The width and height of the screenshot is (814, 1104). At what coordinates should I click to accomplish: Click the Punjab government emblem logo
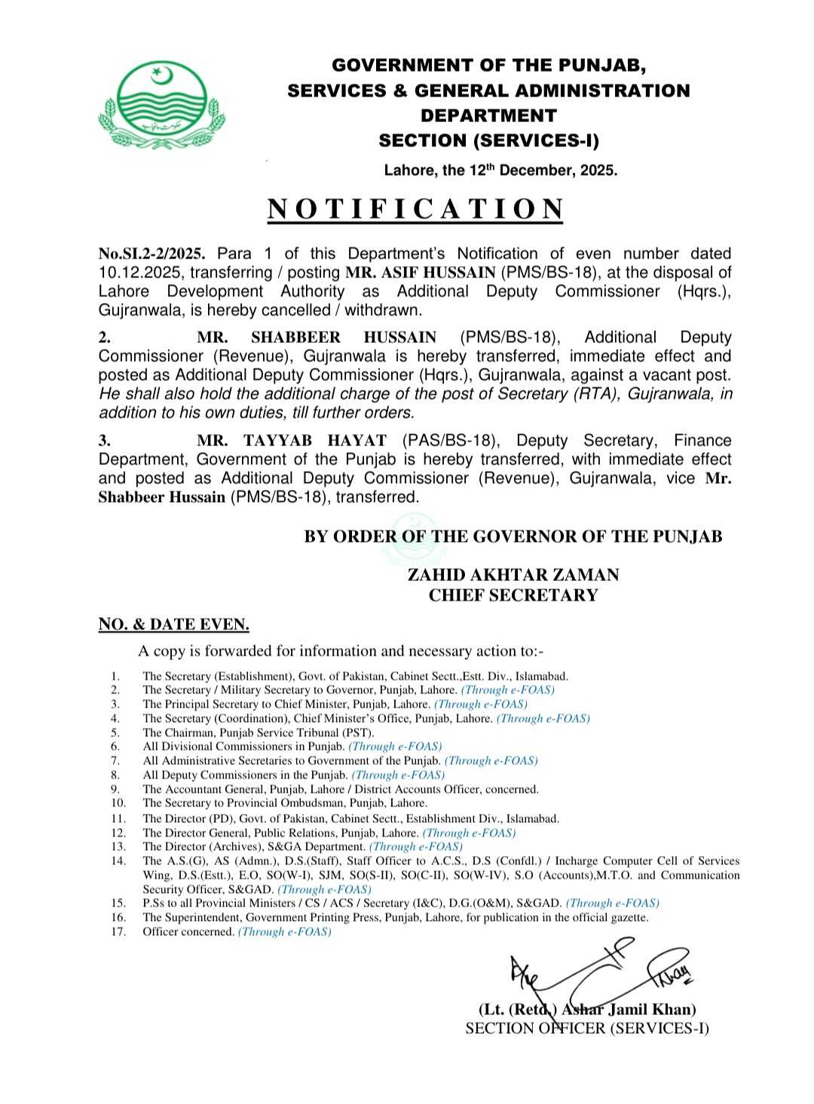[161, 106]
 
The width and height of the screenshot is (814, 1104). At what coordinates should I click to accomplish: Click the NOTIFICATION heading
[415, 209]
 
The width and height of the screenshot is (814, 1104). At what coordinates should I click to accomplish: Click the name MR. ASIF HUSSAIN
[421, 273]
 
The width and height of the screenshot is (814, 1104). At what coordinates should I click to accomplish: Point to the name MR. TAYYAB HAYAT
[292, 441]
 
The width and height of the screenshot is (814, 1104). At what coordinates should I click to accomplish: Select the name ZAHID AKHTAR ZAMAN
[513, 575]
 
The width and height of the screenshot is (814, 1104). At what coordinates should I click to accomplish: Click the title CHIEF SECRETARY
[513, 595]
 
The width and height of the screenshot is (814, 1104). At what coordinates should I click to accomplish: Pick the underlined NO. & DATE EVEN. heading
[173, 625]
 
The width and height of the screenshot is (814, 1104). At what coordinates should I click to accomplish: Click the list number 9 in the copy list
[115, 790]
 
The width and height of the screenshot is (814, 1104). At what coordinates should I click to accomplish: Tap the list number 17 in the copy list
[118, 932]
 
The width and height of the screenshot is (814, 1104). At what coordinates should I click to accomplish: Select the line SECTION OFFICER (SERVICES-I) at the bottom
[587, 1029]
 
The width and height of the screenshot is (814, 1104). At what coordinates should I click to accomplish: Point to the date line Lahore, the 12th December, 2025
[500, 170]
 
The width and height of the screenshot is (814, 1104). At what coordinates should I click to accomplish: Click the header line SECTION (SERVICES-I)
[488, 141]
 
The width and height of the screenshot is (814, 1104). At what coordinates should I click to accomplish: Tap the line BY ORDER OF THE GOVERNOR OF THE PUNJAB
[513, 537]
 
